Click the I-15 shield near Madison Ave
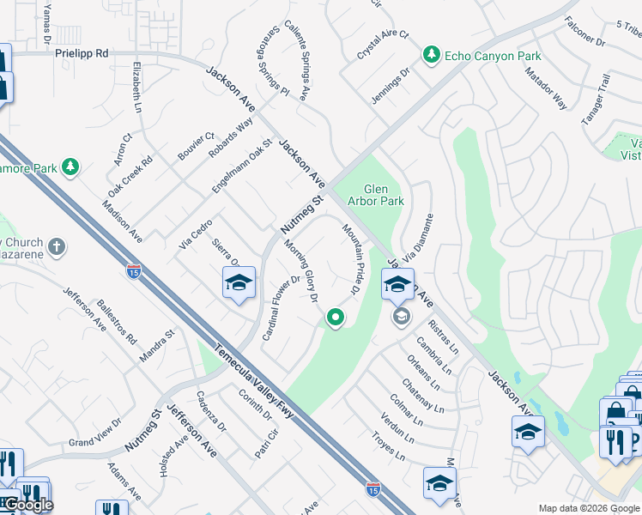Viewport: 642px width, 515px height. pyautogui.click(x=134, y=272)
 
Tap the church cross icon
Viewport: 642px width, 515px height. pyautogui.click(x=57, y=247)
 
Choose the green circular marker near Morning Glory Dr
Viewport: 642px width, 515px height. pyautogui.click(x=335, y=319)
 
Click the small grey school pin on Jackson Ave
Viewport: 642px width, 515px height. pyautogui.click(x=400, y=317)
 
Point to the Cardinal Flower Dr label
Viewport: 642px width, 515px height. pyautogui.click(x=281, y=306)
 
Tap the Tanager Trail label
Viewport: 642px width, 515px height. pyautogui.click(x=596, y=100)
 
